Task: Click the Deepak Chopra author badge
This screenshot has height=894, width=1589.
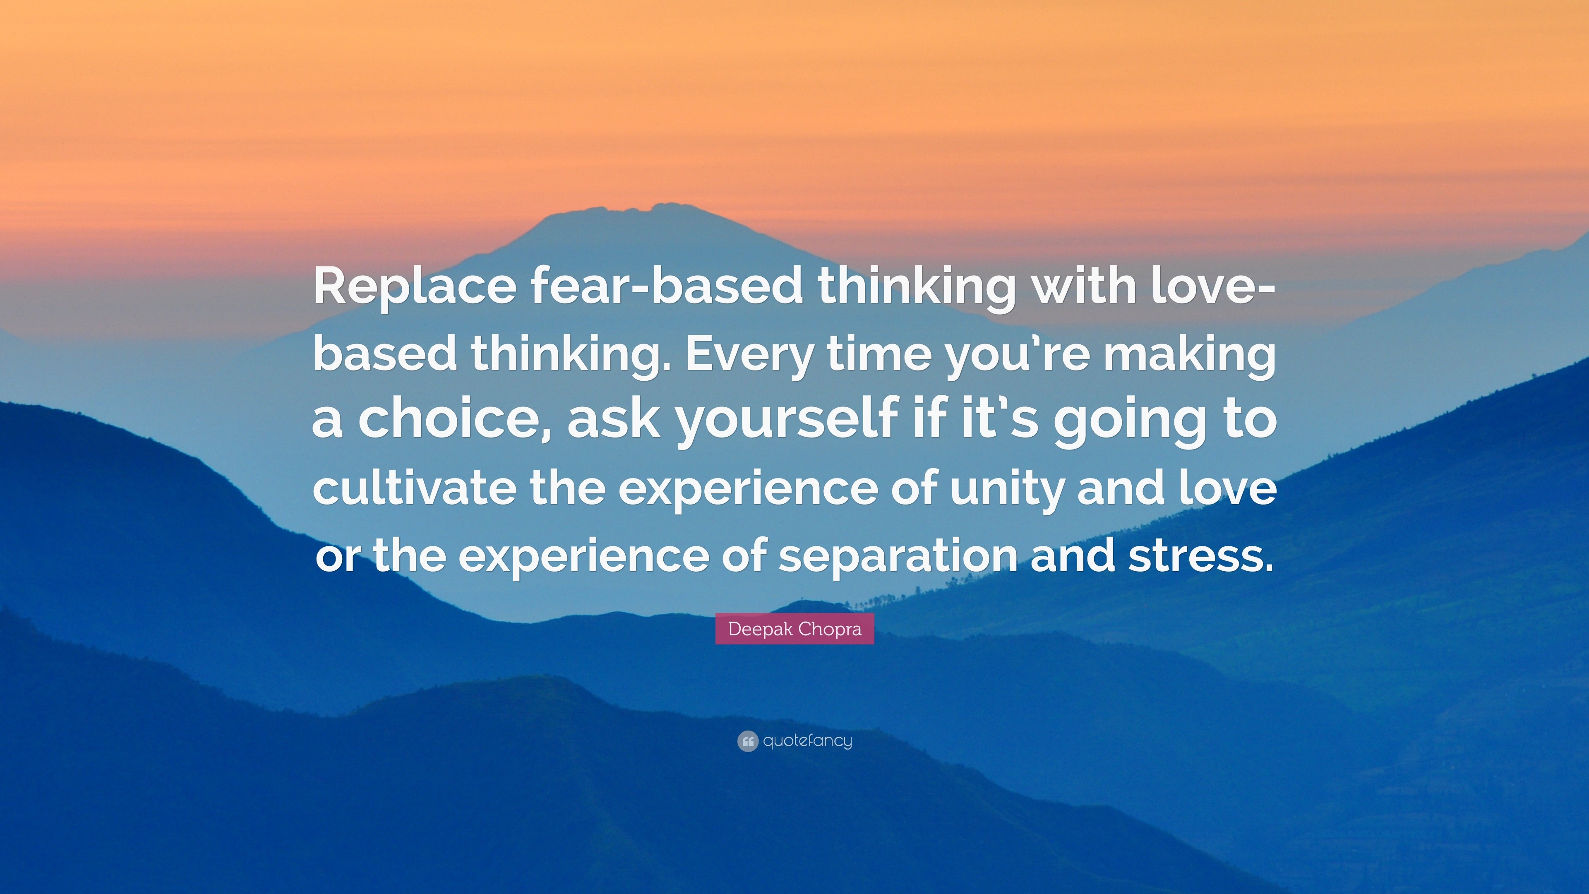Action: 794,629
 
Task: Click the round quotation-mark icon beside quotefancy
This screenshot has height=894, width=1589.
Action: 747,741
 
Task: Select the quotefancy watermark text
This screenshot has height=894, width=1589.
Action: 807,741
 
